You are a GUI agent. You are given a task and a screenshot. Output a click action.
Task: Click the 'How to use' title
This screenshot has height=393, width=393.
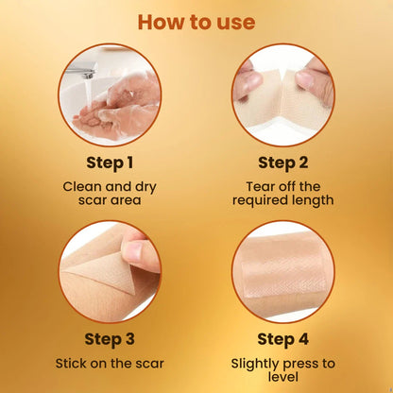click(x=196, y=20)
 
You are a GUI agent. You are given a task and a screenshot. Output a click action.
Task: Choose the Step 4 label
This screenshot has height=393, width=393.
click(x=282, y=338)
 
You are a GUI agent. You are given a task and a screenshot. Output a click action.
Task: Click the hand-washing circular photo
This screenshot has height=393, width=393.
click(x=109, y=94)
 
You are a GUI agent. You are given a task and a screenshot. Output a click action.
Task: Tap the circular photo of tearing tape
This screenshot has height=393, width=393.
click(x=282, y=94)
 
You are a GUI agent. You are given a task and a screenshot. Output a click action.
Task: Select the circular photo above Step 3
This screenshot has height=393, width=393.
click(x=109, y=271)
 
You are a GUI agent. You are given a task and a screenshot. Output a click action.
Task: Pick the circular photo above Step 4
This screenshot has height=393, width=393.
click(x=282, y=271)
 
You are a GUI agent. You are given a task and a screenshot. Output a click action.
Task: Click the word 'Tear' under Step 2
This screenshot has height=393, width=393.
click(x=258, y=185)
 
